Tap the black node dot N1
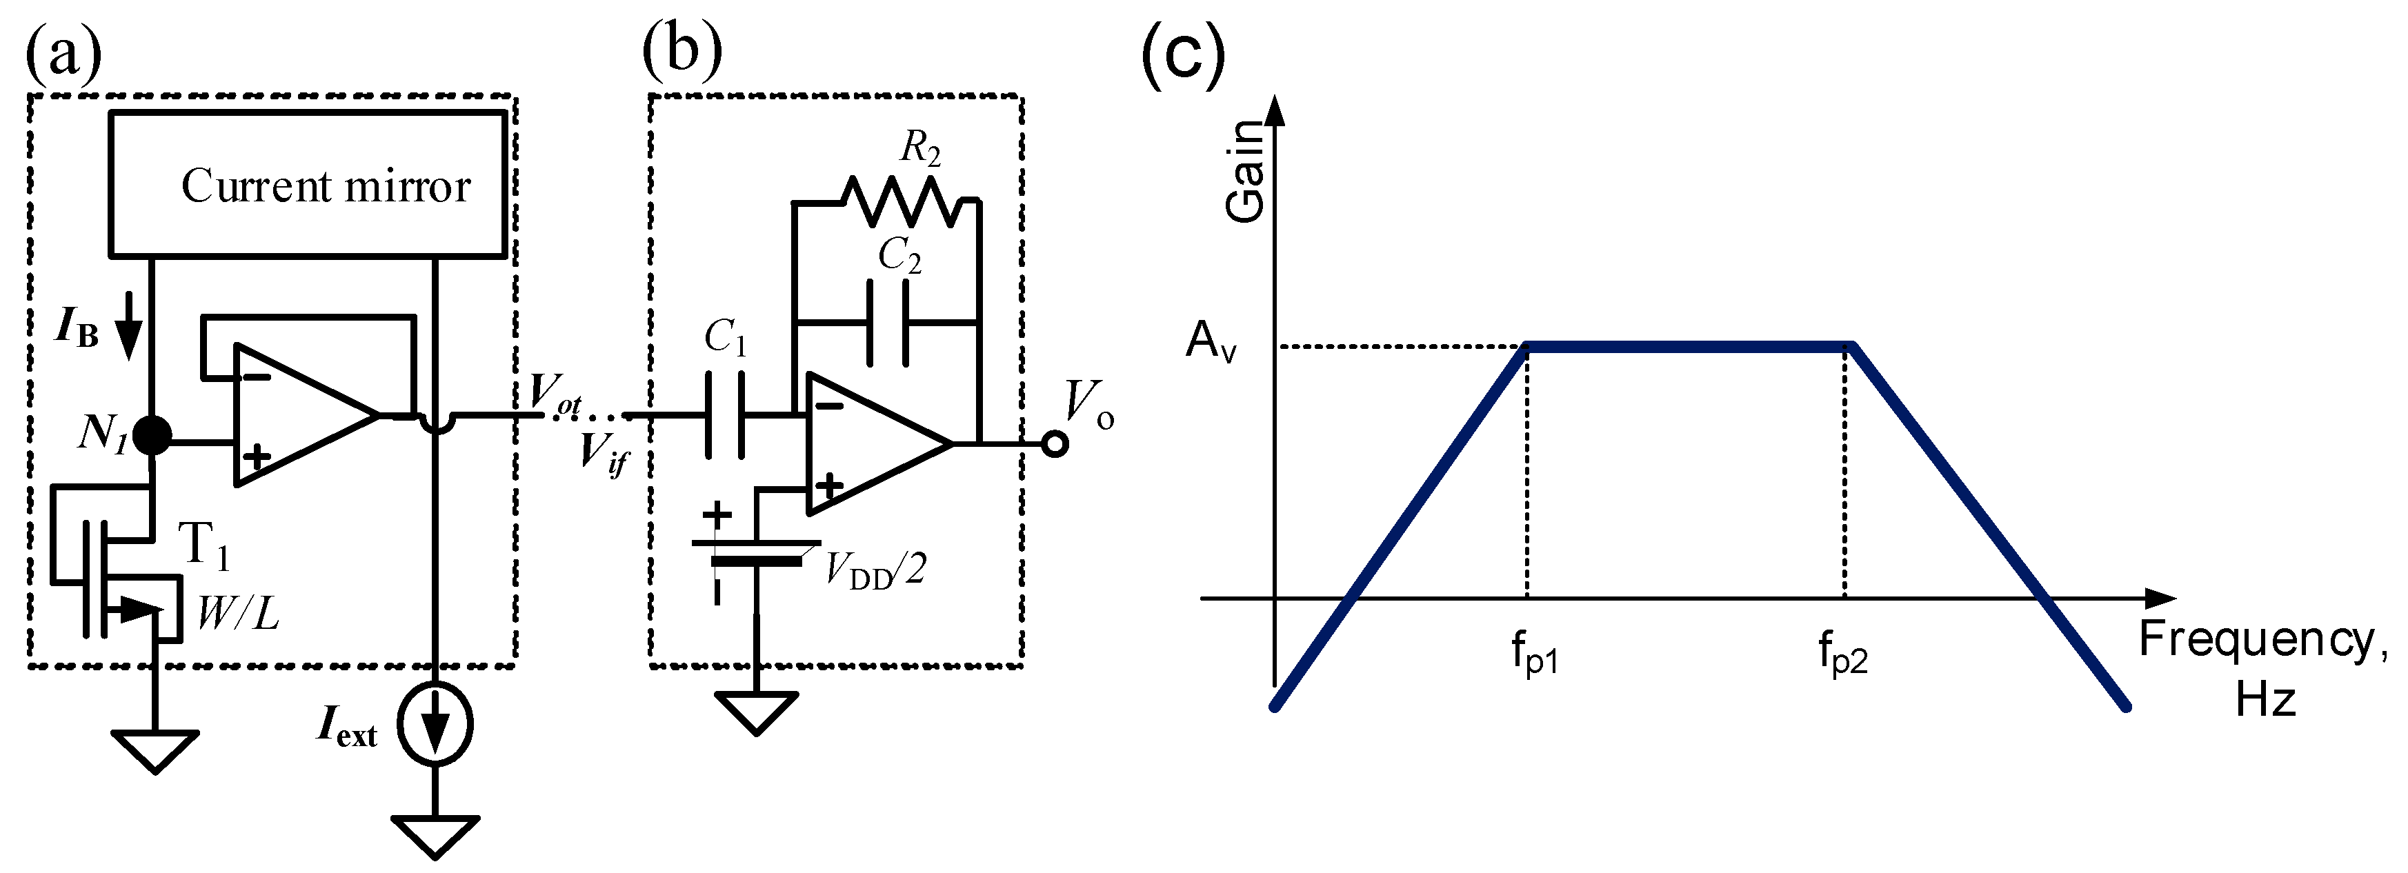click(152, 434)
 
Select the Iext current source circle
click(435, 724)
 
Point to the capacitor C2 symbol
click(887, 323)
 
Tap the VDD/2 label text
click(875, 569)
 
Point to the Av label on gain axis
click(1211, 341)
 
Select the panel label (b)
click(682, 52)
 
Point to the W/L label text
click(237, 613)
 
